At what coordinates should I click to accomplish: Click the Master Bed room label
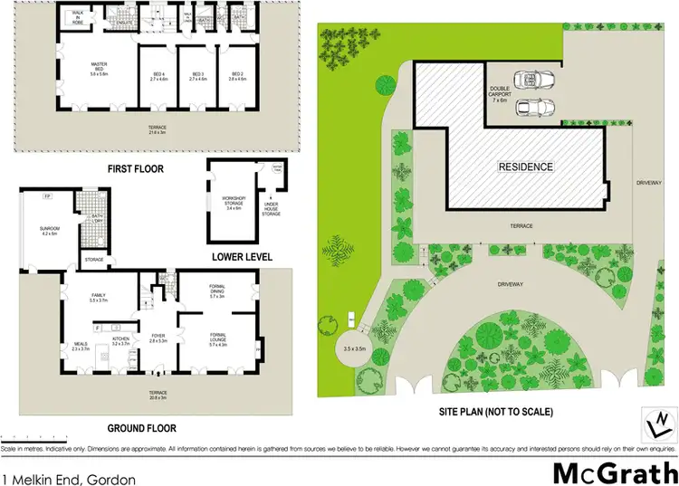[x=100, y=68]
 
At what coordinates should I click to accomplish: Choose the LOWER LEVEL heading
[x=243, y=257]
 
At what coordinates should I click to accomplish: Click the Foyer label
[x=156, y=339]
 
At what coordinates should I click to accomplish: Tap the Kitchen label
[x=121, y=343]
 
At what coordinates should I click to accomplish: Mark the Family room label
[x=100, y=297]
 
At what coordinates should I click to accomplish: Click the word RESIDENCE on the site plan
[x=526, y=167]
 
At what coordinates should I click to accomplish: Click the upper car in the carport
[x=527, y=79]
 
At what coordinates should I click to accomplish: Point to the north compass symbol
[x=661, y=422]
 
